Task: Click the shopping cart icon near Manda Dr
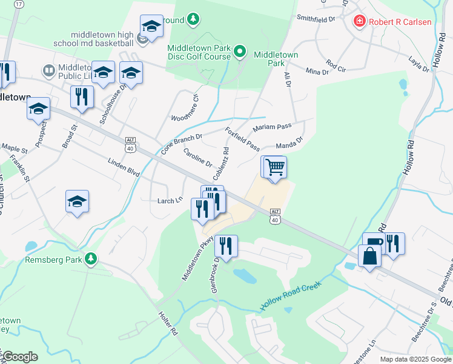[x=274, y=167]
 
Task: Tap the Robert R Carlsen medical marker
[x=360, y=22]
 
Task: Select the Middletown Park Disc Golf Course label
[x=199, y=52]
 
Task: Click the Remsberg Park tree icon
[x=91, y=259]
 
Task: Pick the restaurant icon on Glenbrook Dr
[x=225, y=246]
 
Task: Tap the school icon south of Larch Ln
[x=77, y=202]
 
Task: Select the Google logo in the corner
[x=19, y=357]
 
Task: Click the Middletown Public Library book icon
[x=48, y=72]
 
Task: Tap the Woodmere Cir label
[x=185, y=108]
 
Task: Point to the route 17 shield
[x=19, y=4]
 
